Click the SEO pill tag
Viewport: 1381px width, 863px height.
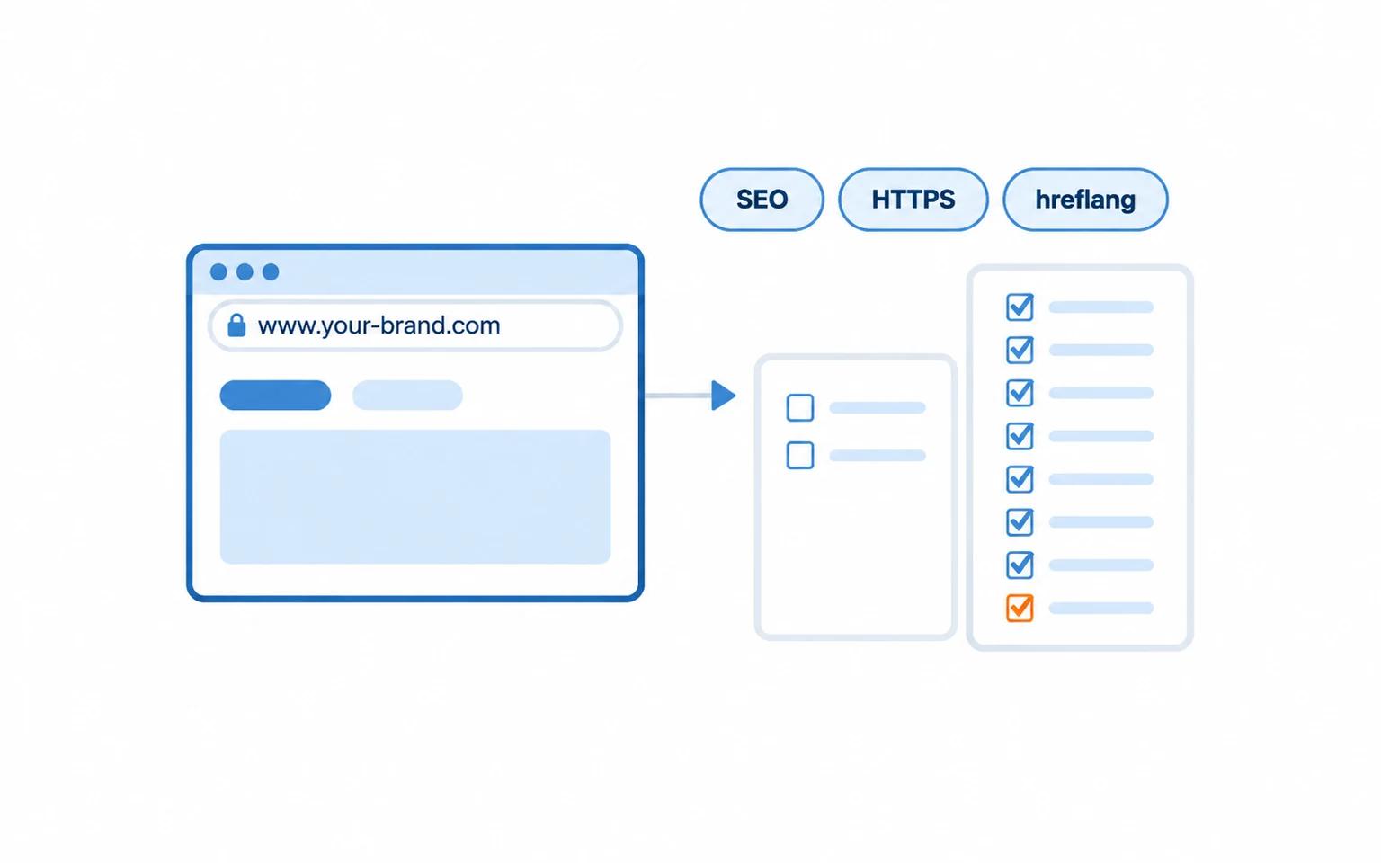tap(762, 199)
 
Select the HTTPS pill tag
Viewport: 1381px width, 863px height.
tap(913, 199)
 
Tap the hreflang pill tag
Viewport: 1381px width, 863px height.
tap(1085, 199)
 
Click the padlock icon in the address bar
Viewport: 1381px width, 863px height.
tap(236, 325)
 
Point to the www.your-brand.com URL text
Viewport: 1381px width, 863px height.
tap(379, 325)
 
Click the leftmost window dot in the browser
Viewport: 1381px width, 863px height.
tap(218, 271)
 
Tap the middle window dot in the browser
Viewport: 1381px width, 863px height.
tap(245, 271)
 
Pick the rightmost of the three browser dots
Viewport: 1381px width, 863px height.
tap(271, 271)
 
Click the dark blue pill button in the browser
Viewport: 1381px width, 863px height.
tap(275, 396)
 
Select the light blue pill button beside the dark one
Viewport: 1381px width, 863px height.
tap(407, 396)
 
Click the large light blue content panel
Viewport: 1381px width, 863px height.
tap(415, 497)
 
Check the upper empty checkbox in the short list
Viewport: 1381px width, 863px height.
tap(800, 407)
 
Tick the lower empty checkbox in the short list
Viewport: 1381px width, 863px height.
tap(800, 456)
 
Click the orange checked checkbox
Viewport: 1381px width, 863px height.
tap(1020, 608)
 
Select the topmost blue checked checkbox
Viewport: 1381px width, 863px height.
tap(1020, 307)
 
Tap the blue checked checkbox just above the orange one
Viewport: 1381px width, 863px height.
tap(1020, 565)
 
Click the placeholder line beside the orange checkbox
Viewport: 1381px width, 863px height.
tap(1101, 609)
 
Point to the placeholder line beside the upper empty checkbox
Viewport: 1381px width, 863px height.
tap(878, 407)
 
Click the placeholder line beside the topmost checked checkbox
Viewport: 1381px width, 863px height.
tap(1101, 307)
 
